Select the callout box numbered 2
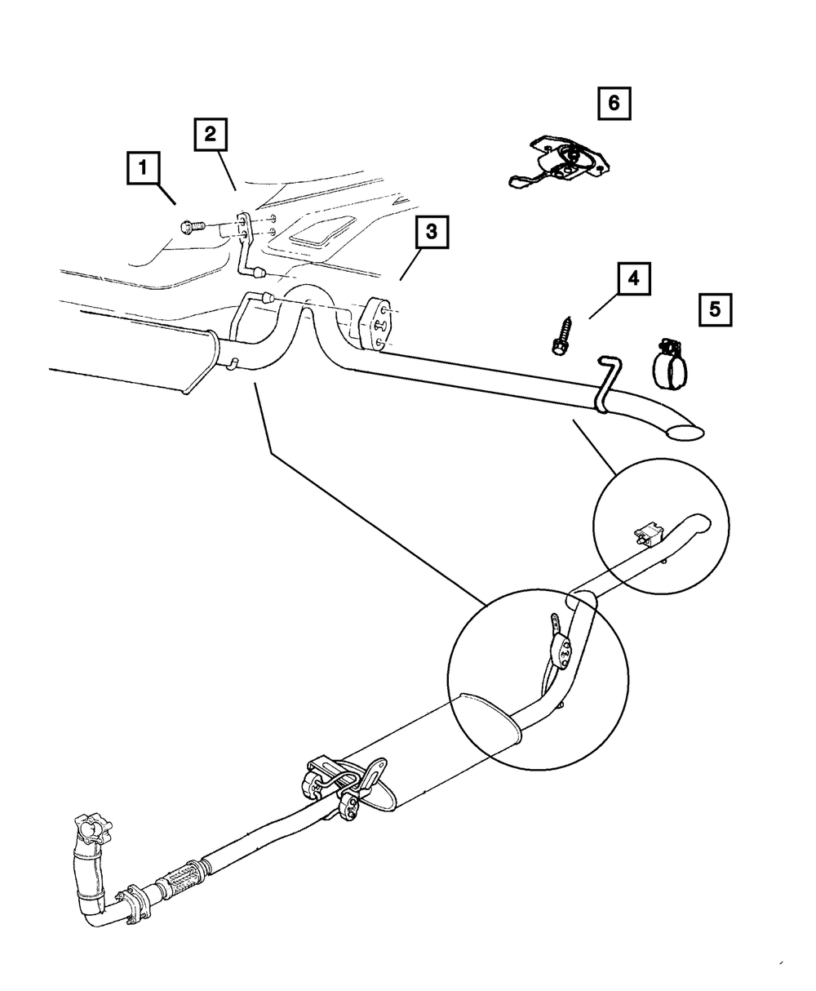(x=211, y=135)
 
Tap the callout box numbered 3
(x=431, y=233)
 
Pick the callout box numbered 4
(x=633, y=279)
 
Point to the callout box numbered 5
(x=715, y=309)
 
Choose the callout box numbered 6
(x=614, y=103)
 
